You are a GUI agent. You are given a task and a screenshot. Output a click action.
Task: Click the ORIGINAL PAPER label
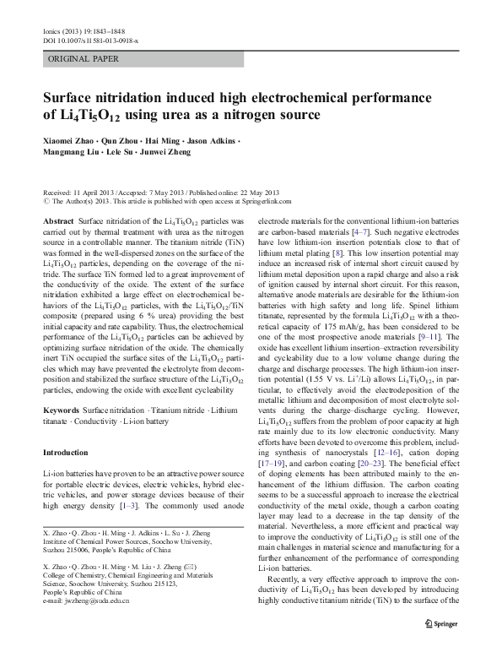[x=82, y=59]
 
